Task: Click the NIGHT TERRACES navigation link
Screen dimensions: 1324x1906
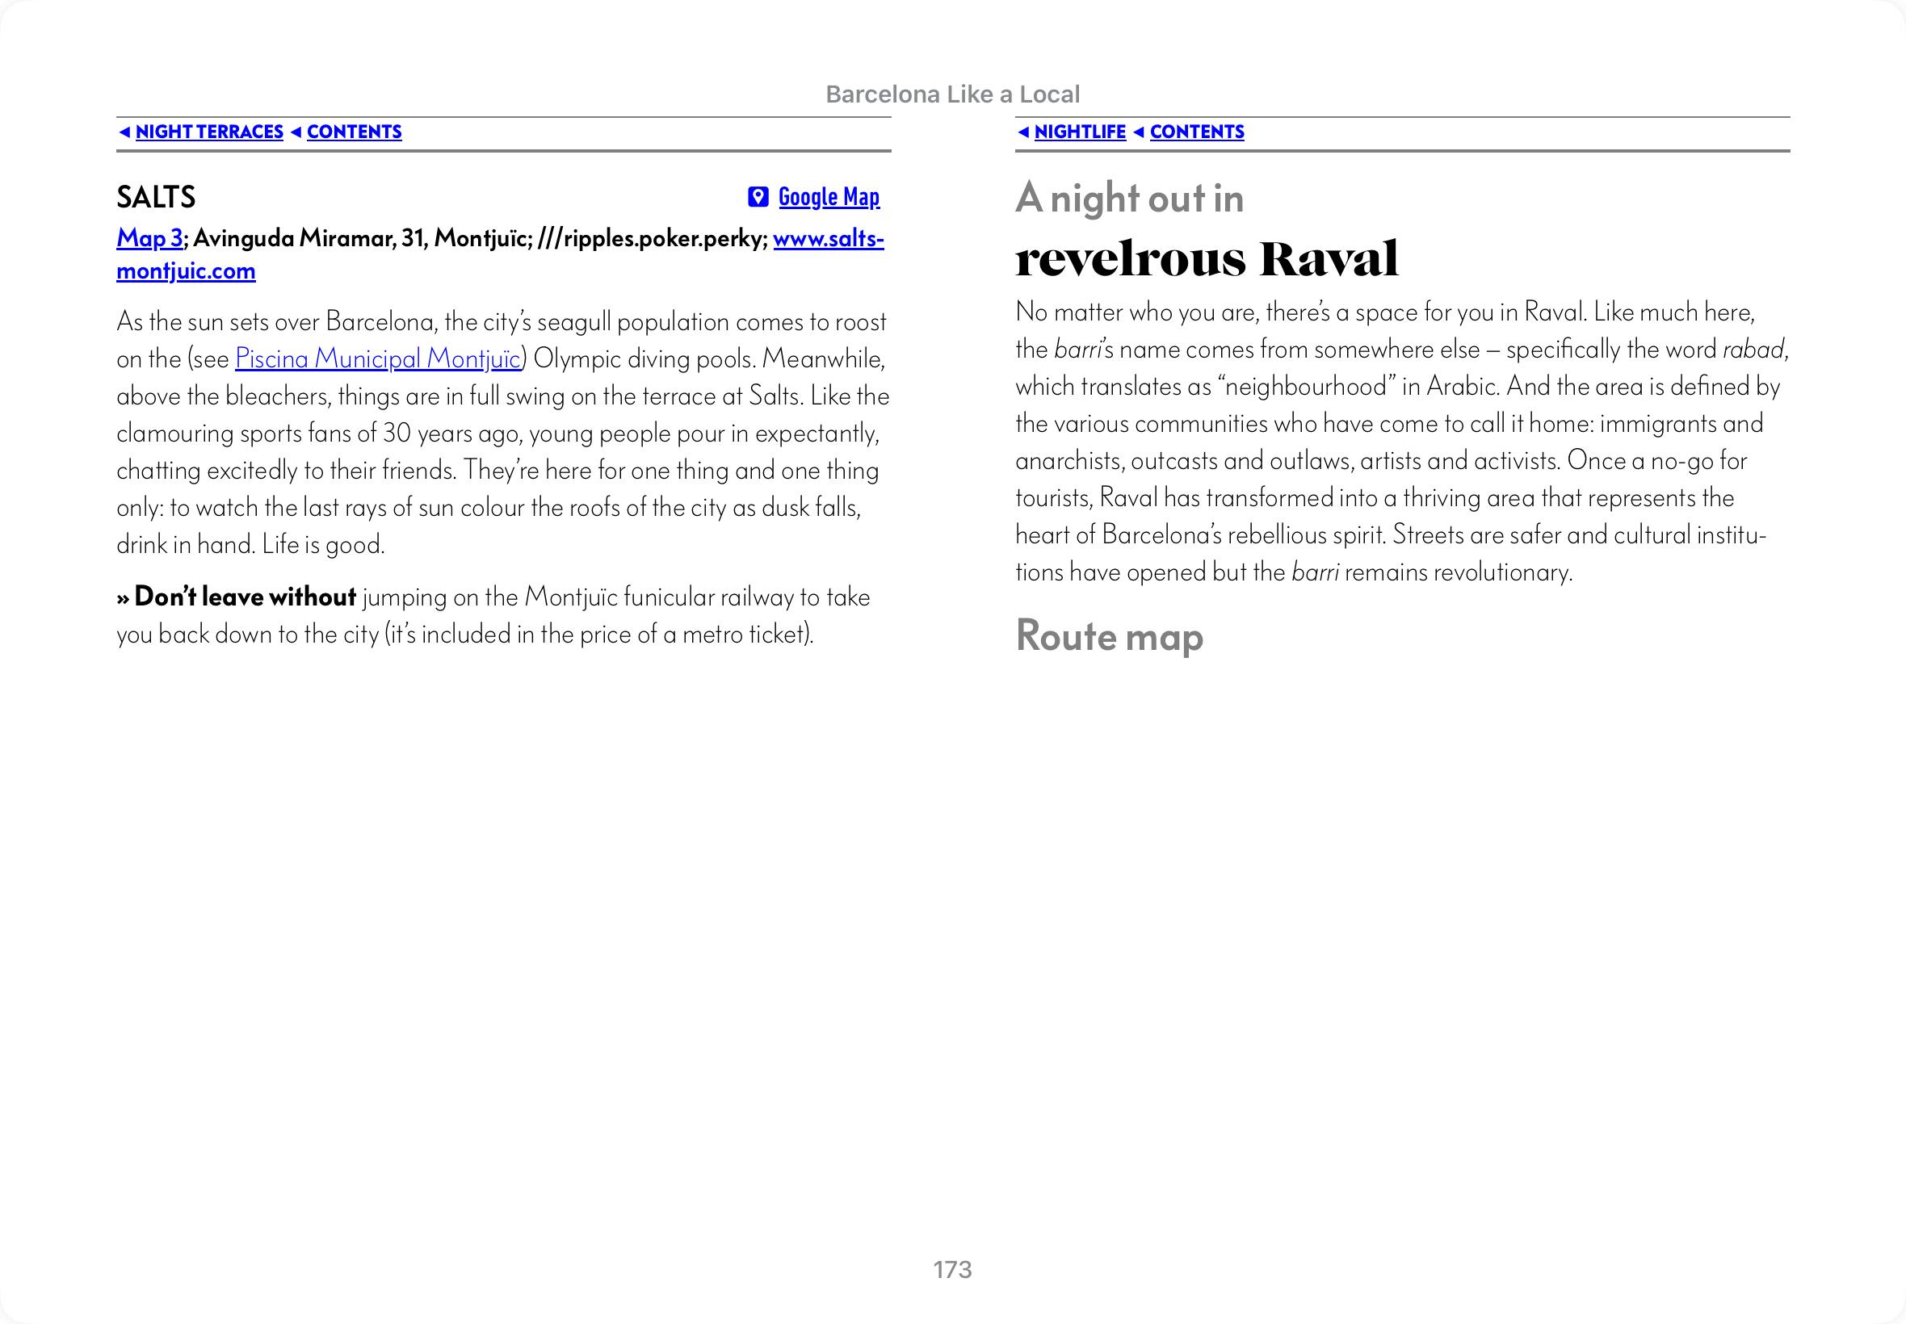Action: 209,132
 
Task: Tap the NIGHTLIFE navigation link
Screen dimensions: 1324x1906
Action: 1080,132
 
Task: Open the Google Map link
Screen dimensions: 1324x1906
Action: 828,197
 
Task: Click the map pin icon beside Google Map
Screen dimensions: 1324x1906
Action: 758,197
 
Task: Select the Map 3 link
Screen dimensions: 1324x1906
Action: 149,238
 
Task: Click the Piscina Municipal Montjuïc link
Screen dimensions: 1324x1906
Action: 377,358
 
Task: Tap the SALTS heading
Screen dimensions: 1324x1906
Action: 156,197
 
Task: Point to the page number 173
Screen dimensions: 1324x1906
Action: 951,1269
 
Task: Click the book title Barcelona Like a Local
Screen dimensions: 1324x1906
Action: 952,94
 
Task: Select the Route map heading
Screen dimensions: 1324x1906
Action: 1109,636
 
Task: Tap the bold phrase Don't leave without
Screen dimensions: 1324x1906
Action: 245,597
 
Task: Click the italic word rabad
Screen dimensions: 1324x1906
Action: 1753,350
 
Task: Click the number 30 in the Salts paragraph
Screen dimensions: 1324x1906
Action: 397,433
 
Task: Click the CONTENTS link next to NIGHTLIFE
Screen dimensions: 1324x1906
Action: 1197,132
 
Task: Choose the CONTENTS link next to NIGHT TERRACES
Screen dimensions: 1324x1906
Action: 355,132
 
